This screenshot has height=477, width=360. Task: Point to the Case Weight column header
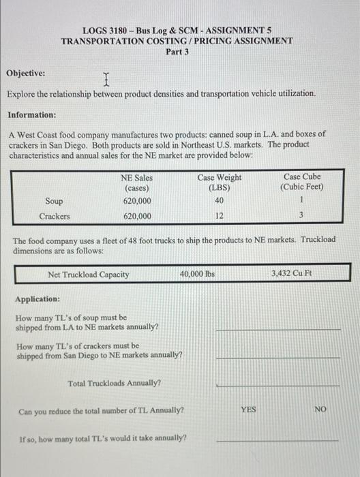point(219,182)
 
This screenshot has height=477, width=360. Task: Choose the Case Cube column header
point(302,182)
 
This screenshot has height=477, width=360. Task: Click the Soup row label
point(54,201)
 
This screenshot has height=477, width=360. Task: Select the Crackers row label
point(54,216)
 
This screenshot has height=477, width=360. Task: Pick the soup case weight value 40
point(219,201)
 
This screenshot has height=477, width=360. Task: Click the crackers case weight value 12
point(219,216)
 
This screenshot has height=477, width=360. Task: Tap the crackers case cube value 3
point(301,216)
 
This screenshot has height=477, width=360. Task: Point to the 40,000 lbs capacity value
point(197,274)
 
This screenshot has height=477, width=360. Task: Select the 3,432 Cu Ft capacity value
point(291,274)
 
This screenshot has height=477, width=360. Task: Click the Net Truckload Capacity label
point(89,275)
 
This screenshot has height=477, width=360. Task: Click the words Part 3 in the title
point(177,52)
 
